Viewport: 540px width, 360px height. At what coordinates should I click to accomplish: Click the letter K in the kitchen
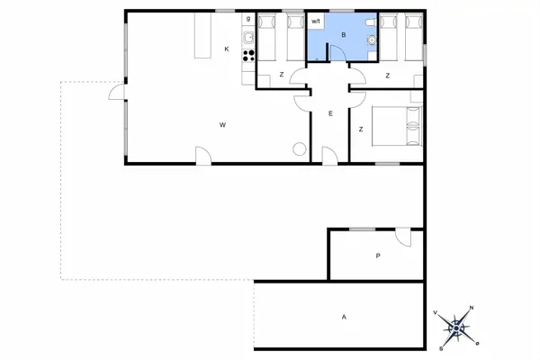[227, 49]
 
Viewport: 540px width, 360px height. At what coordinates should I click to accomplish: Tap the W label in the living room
[221, 124]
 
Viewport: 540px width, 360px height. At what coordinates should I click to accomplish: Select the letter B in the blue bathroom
[342, 34]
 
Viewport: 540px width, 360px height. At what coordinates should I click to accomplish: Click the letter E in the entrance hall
[330, 113]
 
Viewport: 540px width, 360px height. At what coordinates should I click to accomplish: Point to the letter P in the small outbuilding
[378, 256]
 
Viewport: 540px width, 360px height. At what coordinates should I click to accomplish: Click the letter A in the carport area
[344, 317]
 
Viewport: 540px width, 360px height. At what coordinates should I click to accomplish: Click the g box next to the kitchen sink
[247, 18]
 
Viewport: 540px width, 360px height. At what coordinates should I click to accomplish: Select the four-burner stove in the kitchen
[248, 53]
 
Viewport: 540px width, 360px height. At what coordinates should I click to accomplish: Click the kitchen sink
[248, 34]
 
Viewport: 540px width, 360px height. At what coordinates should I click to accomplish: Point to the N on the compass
[472, 309]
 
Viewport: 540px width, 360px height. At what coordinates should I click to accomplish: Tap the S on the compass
[441, 347]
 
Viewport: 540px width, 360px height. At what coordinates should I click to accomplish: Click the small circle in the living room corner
[297, 148]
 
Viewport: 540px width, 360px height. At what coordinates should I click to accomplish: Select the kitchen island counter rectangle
[202, 35]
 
